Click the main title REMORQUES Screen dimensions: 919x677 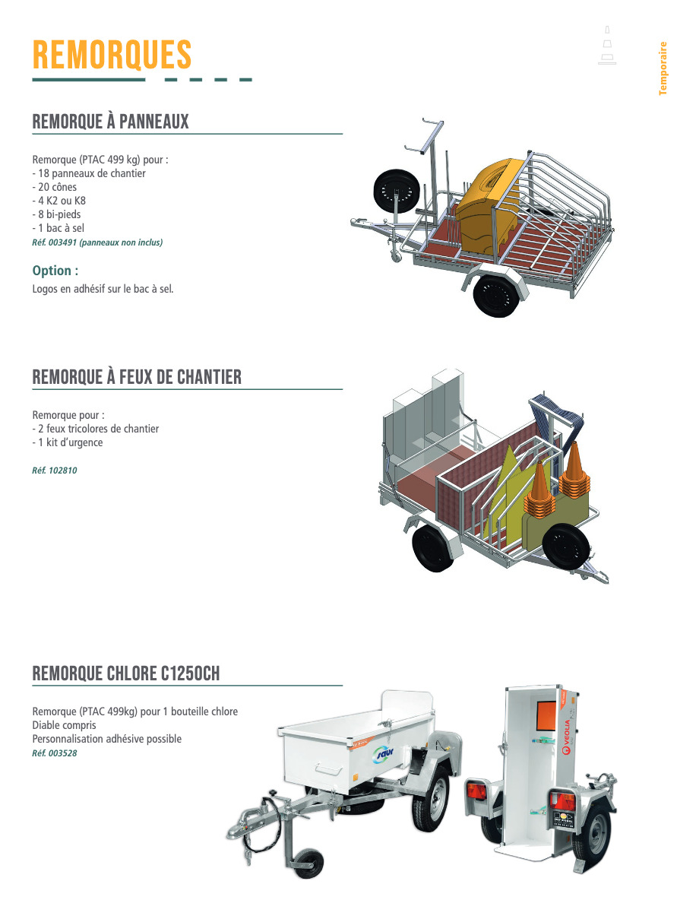112,55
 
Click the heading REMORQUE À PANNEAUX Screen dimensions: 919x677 110,122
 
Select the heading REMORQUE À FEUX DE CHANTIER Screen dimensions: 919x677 137,377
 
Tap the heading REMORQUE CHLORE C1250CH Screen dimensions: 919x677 126,673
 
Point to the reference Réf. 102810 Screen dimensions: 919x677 55,471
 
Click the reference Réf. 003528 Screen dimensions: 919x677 55,753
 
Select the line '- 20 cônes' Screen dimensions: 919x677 55,187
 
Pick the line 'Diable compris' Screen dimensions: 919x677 64,725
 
